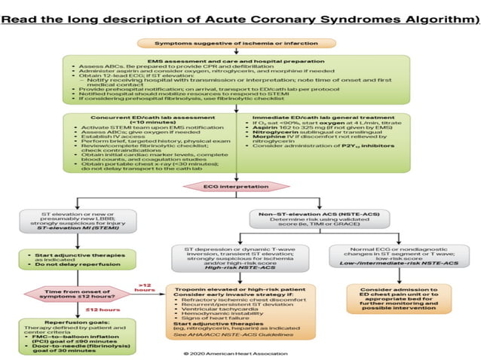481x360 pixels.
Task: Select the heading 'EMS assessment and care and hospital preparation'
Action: tap(239, 59)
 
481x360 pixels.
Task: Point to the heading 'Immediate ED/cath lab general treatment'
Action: tap(324, 118)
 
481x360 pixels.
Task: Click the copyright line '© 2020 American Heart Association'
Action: tap(239, 352)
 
